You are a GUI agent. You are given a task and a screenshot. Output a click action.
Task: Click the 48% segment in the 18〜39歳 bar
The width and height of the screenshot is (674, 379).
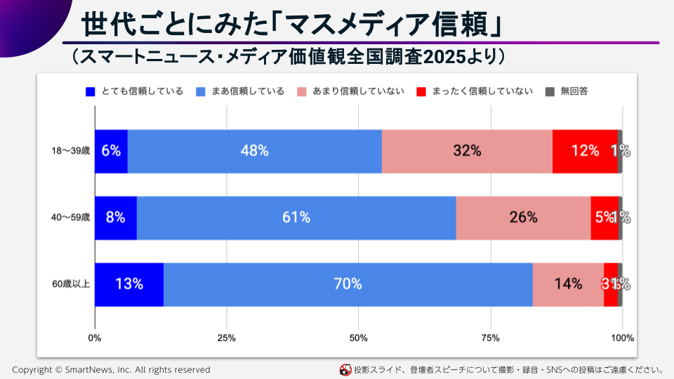254,151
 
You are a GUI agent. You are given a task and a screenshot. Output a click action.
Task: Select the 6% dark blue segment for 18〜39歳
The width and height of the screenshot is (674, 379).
111,151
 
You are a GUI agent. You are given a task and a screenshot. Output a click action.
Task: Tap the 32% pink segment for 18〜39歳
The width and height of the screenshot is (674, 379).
467,151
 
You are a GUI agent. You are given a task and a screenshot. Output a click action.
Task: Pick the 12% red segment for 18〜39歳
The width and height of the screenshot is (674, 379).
584,151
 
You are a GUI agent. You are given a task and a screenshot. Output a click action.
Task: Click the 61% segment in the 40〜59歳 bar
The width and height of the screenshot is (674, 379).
296,218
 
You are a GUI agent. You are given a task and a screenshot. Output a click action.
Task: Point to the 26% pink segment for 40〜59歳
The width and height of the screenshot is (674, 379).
523,218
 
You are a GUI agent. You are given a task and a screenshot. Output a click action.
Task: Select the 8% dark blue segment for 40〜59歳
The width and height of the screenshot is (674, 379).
115,218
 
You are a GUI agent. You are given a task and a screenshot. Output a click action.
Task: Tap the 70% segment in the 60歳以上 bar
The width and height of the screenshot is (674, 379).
348,284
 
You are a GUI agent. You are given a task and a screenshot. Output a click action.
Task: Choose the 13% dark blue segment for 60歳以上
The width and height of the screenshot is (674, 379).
129,284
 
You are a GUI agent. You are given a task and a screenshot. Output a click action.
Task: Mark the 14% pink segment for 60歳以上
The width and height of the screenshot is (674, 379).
567,284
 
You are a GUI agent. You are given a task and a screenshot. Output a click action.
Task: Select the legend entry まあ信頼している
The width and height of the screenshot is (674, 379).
240,91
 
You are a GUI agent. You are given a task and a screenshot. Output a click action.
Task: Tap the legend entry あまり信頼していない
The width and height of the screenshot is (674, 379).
350,91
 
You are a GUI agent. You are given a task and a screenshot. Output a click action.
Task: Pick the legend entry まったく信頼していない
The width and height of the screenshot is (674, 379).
475,91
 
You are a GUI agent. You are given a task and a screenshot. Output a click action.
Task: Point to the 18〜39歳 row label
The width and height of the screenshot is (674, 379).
70,151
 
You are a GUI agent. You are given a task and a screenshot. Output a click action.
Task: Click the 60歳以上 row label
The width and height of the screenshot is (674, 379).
70,284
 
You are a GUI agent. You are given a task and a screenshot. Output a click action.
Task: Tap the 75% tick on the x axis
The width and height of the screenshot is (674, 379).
490,338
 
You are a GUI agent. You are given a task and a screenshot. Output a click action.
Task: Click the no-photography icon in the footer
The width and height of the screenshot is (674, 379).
345,369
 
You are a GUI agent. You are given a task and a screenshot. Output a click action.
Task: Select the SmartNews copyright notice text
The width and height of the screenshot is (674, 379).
111,369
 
